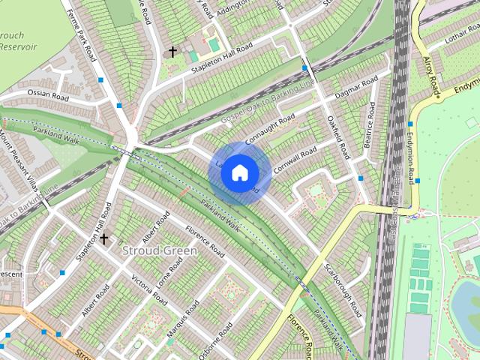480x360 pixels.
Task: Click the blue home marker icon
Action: coord(238,172)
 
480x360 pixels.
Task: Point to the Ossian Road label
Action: coord(48,96)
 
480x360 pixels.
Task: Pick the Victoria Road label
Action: coord(150,285)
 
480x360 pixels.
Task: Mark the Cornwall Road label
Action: coord(296,160)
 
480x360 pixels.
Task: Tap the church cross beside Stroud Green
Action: coord(103,239)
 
